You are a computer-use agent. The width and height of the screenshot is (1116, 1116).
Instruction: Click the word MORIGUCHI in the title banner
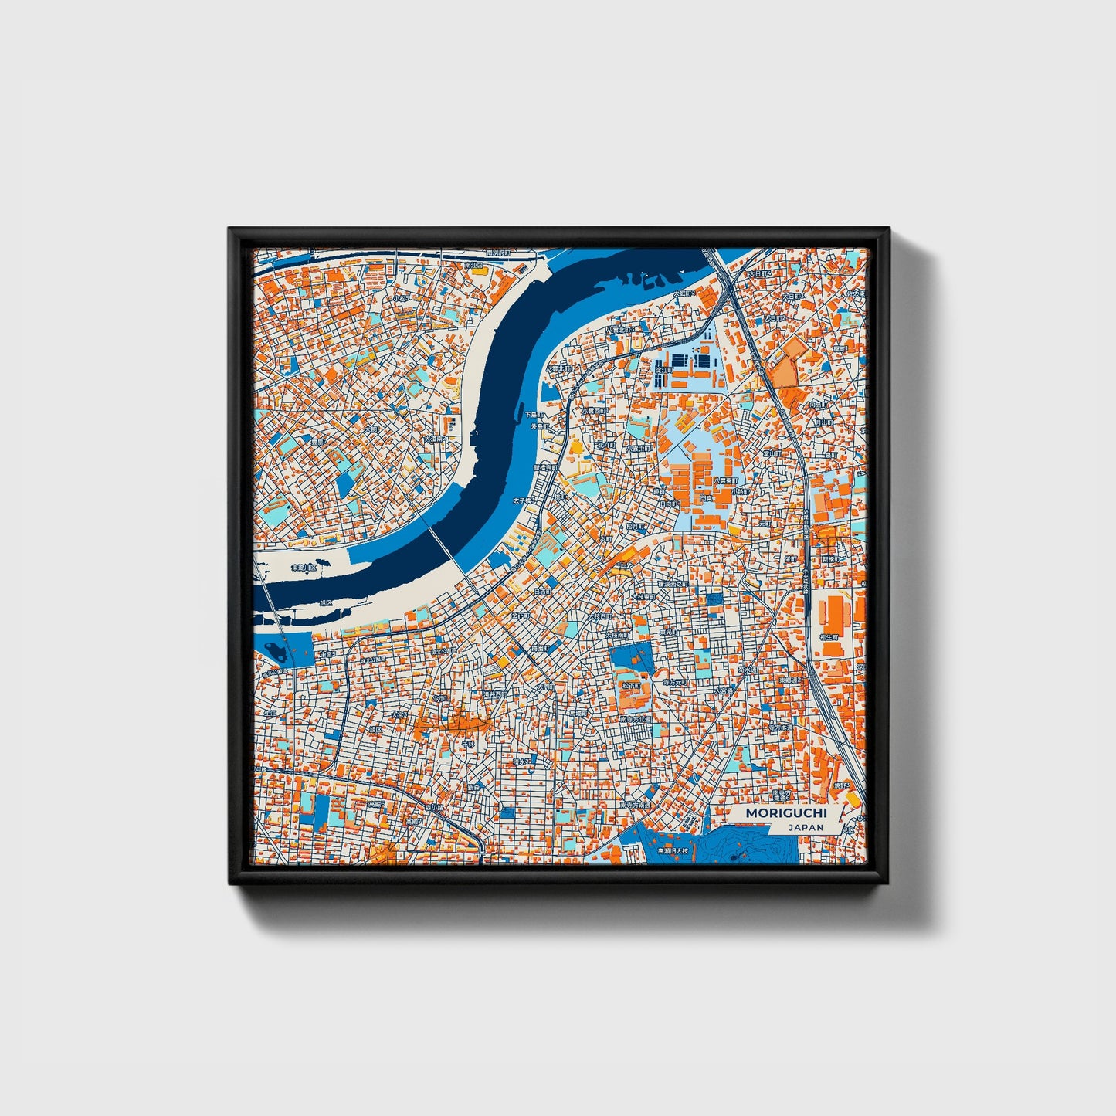pos(785,813)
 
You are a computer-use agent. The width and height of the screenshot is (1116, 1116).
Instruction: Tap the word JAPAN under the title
pos(806,827)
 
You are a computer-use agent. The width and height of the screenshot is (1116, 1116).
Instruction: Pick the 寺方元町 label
pos(676,683)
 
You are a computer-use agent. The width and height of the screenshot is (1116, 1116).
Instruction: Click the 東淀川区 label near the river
pos(304,568)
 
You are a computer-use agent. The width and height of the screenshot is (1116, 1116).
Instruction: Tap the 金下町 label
pos(520,616)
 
